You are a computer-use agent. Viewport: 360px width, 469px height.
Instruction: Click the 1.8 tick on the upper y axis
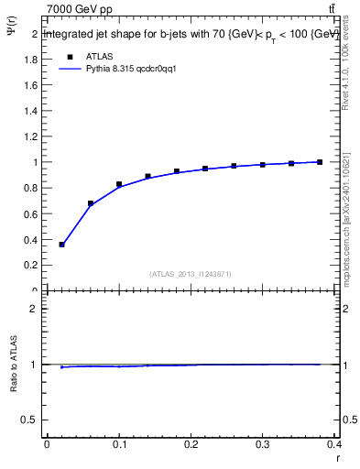(x=32, y=60)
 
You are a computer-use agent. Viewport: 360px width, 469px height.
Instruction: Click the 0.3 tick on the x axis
(x=263, y=445)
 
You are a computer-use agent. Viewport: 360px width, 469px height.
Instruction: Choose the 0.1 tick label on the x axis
(x=119, y=445)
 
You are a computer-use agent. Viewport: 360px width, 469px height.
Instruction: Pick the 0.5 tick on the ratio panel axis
(x=32, y=420)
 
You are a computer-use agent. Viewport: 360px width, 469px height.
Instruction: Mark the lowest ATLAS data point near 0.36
(x=61, y=245)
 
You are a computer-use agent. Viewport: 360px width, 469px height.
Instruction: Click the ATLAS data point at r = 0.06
(x=90, y=203)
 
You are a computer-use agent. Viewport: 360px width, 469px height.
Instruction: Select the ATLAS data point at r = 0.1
(x=119, y=184)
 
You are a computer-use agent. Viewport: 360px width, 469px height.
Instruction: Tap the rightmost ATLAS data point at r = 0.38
(x=320, y=162)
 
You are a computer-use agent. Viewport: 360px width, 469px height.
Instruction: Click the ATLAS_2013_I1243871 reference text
(x=191, y=274)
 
